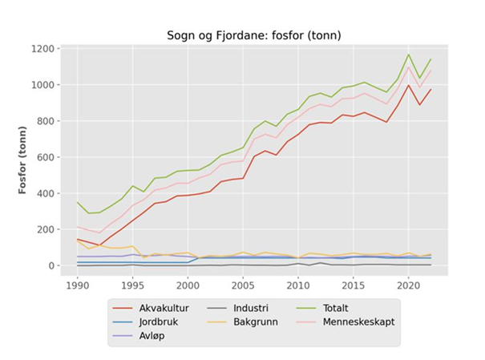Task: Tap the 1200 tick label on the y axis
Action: tap(42, 49)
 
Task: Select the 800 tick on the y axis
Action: tap(46, 121)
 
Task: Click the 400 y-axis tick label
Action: tap(46, 193)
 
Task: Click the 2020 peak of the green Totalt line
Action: tap(409, 55)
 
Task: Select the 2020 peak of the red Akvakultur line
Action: tap(409, 85)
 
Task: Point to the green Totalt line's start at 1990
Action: tap(78, 202)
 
